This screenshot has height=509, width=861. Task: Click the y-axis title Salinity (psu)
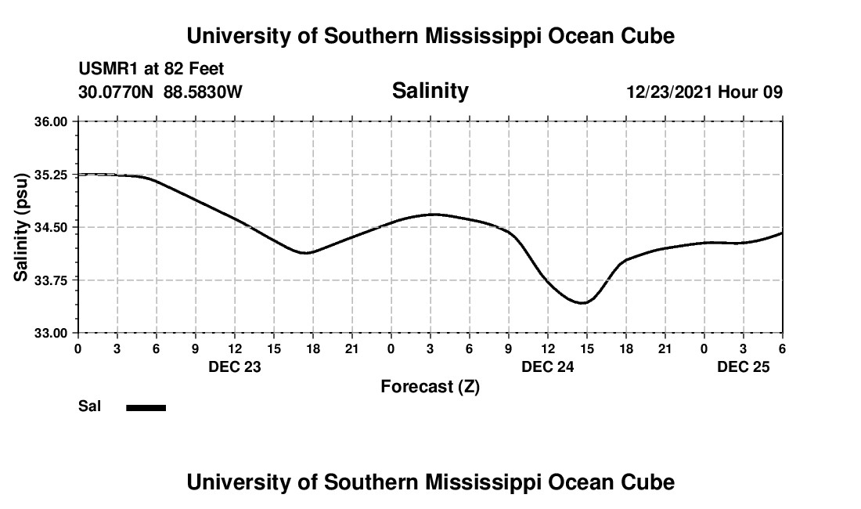(x=21, y=226)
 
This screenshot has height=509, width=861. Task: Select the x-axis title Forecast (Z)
(x=430, y=387)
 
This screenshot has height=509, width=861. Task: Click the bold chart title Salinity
(x=430, y=91)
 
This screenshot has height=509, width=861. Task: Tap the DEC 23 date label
(x=235, y=366)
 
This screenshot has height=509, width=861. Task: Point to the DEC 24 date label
(x=548, y=366)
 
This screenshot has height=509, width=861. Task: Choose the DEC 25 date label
(x=744, y=366)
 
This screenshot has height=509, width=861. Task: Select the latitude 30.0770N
(x=117, y=92)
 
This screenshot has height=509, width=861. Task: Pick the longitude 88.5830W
(x=203, y=92)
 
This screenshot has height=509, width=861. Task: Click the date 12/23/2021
(x=668, y=92)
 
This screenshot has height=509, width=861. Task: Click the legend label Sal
(x=90, y=406)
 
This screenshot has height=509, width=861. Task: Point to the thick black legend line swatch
(x=146, y=407)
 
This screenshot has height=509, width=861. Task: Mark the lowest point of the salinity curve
(x=582, y=302)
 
